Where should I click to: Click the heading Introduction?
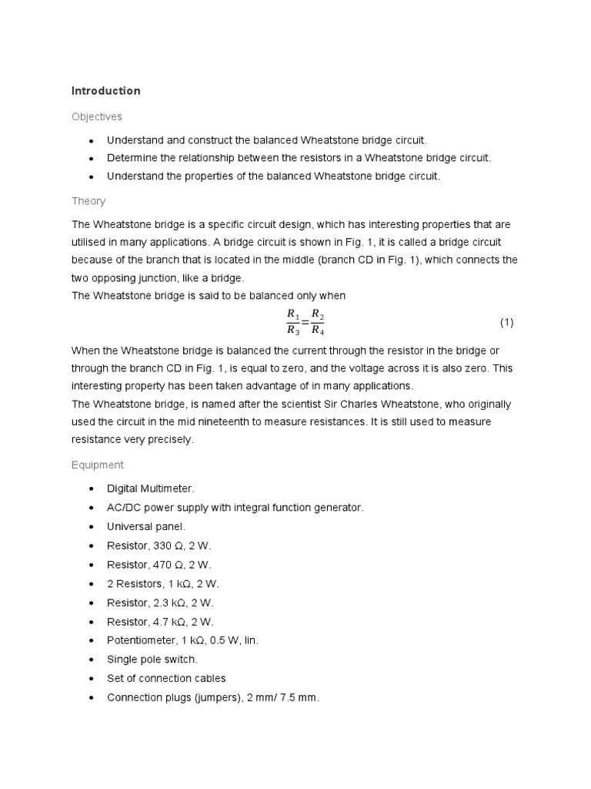[106, 91]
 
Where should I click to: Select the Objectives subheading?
[97, 116]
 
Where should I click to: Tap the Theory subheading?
[88, 201]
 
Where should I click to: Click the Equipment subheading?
[97, 465]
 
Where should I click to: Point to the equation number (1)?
[506, 322]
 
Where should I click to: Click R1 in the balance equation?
[292, 314]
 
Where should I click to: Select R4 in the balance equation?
[317, 331]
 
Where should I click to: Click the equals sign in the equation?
[305, 322]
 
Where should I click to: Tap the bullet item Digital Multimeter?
[151, 489]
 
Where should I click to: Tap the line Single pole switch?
[152, 660]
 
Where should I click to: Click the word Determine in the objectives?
[132, 158]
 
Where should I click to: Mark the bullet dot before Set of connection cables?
[92, 679]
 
